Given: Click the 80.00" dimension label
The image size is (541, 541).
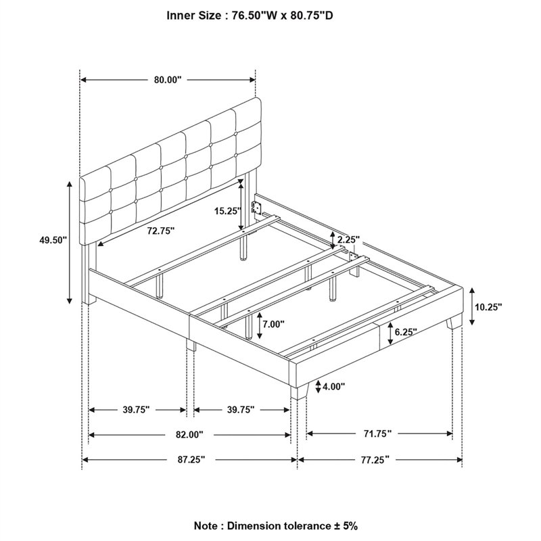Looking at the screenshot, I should pyautogui.click(x=168, y=80).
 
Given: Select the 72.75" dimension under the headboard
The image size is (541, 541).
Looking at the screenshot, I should pyautogui.click(x=161, y=231).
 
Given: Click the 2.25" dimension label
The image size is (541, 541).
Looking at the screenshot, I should pyautogui.click(x=348, y=239).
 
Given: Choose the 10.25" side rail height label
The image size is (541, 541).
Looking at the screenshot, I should pyautogui.click(x=488, y=306).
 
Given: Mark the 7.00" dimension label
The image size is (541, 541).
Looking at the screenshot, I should pyautogui.click(x=273, y=324).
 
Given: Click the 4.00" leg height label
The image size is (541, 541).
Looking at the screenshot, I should pyautogui.click(x=333, y=386).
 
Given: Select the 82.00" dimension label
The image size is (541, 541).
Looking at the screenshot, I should pyautogui.click(x=190, y=434).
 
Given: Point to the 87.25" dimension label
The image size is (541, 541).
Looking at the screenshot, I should pyautogui.click(x=190, y=459).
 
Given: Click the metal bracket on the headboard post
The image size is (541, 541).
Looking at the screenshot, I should pyautogui.click(x=257, y=206).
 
